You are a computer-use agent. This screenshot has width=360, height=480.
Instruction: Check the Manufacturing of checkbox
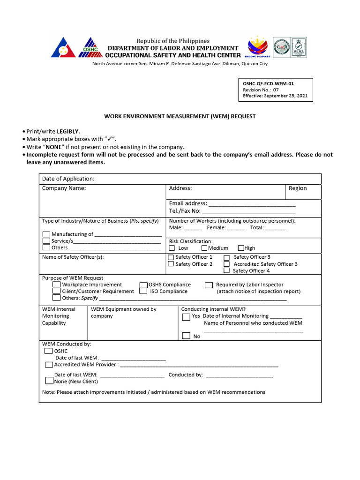(46, 234)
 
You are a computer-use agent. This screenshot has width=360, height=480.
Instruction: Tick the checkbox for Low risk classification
(172, 248)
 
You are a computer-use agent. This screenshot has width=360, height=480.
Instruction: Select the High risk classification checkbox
(241, 248)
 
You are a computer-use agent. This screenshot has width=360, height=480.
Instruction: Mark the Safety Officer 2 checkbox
(171, 264)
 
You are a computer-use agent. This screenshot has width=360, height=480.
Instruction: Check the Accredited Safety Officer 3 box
(227, 264)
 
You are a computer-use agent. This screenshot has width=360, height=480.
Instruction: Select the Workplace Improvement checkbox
(56, 285)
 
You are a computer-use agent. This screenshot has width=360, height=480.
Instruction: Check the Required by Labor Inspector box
(209, 285)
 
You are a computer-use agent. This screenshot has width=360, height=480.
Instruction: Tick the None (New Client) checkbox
(49, 381)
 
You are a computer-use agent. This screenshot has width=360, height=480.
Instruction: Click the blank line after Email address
(252, 204)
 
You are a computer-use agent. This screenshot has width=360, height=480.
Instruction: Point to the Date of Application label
(68, 179)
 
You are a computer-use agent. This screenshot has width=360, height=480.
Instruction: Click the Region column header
(298, 188)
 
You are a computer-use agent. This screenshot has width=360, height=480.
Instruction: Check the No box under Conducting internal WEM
(186, 336)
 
